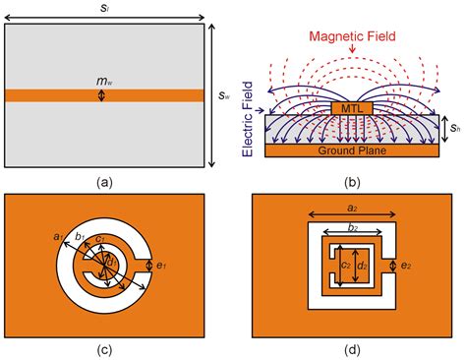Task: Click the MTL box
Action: pos(351,106)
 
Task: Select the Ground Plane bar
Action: pos(351,151)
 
